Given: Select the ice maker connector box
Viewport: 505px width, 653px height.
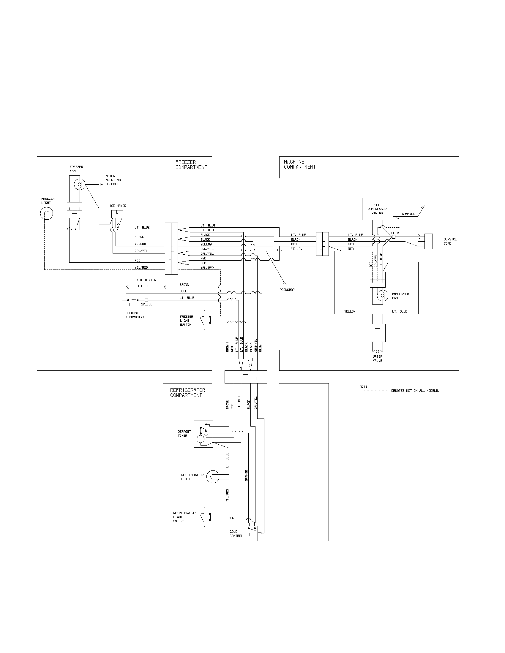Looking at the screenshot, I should click(117, 214).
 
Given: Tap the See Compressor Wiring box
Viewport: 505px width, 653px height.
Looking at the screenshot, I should click(377, 209).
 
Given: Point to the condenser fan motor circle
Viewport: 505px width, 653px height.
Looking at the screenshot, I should click(382, 296).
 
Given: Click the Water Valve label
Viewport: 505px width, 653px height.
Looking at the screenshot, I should click(378, 359).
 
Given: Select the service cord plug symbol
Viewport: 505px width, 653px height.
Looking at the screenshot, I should click(429, 241).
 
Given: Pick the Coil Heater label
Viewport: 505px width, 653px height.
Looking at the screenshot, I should click(146, 280).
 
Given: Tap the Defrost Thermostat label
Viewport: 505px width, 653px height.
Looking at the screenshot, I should click(135, 315).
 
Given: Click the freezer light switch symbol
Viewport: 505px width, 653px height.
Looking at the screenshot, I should click(208, 320).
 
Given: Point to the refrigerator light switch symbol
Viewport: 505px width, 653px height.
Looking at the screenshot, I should click(208, 516).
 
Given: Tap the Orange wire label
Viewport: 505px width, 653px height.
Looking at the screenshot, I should click(247, 476).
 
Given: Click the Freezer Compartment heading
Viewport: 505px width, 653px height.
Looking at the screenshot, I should click(191, 165).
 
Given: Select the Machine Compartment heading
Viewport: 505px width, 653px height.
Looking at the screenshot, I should click(299, 164).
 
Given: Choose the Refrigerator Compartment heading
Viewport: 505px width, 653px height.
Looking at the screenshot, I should click(187, 393).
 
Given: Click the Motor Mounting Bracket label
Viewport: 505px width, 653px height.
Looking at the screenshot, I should click(113, 180).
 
